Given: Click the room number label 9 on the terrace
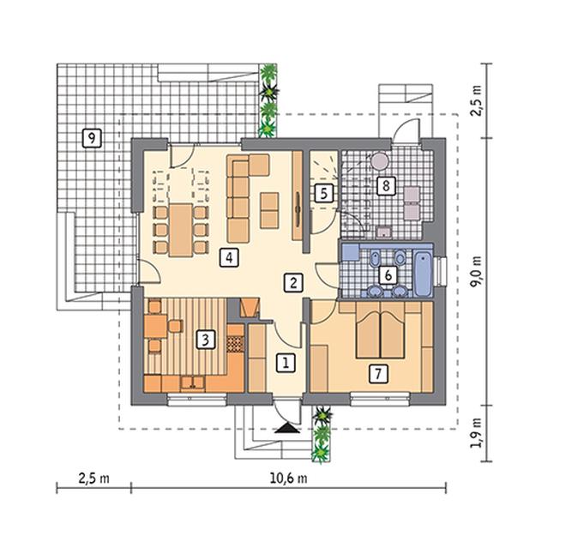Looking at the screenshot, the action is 92,138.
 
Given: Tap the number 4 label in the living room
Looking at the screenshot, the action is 229,257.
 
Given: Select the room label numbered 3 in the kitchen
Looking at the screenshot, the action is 206,340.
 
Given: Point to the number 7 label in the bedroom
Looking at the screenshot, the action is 378,373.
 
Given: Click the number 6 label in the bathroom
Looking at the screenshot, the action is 388,275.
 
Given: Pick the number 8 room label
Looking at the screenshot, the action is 386,186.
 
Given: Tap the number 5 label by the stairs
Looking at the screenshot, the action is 324,193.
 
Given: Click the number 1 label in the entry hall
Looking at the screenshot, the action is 286,363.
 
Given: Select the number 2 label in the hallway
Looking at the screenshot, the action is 292,282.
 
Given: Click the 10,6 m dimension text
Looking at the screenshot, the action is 288,478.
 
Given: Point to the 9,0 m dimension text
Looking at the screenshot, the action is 476,271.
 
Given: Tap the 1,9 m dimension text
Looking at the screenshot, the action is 476,433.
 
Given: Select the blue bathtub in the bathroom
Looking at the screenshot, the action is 423,273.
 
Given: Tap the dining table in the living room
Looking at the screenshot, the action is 181,230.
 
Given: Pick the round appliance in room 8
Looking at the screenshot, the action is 380,160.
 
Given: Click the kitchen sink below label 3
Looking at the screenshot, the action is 192,382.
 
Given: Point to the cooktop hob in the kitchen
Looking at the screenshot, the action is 235,344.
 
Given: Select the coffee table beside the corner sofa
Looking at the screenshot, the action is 269,210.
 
